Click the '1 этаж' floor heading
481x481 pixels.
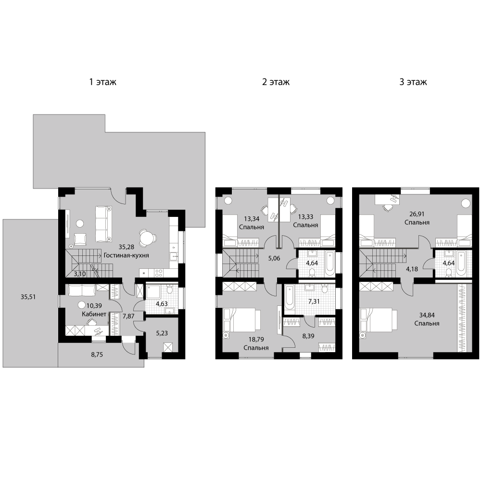103,82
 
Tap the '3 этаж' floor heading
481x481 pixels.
413,82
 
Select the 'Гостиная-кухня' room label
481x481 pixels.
127,255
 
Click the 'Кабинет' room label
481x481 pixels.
94,314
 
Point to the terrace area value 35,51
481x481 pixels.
28,297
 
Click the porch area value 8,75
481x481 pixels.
97,354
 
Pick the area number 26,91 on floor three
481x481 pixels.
417,214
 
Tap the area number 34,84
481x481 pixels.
427,315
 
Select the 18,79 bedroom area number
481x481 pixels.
256,339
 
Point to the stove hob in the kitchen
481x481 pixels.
159,272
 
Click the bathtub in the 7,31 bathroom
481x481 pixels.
289,296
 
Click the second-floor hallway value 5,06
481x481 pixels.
274,258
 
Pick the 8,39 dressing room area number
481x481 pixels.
308,336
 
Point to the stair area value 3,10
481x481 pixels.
80,274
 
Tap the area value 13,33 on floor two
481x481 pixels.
306,216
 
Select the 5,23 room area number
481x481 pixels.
162,333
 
